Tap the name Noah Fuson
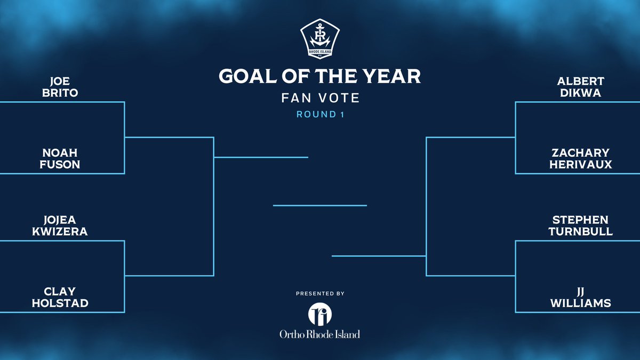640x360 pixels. tap(63, 159)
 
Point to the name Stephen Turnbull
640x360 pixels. tap(579, 226)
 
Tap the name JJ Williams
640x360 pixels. tap(579, 297)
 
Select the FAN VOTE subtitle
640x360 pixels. tap(320, 98)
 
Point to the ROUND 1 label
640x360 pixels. tap(320, 115)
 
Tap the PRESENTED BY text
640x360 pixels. tap(320, 293)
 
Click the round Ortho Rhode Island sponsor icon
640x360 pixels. tap(320, 314)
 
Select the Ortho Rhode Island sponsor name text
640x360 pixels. tap(320, 334)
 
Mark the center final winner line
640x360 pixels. tap(320, 205)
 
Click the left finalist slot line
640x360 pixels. tap(261, 157)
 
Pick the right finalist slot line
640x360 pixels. tap(379, 256)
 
